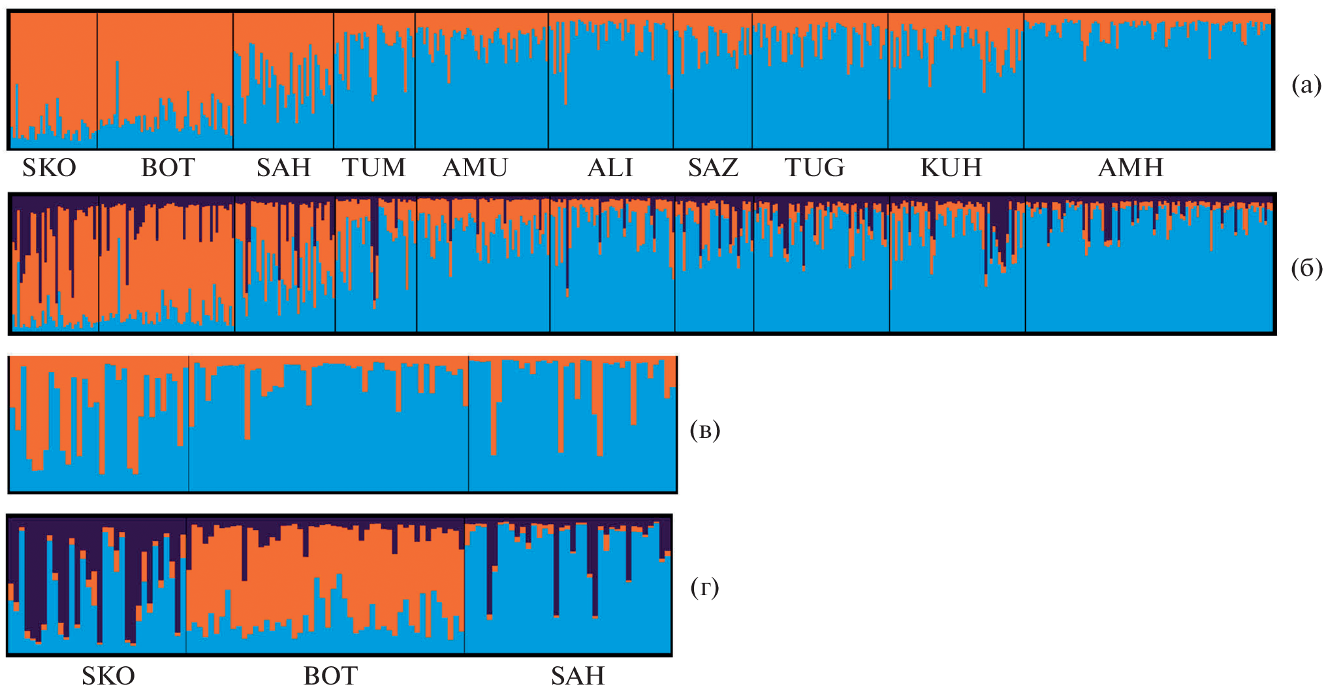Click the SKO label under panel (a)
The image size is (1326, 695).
(50, 168)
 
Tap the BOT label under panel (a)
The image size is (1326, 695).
(168, 168)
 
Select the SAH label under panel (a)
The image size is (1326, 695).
(283, 168)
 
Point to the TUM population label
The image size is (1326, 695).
(374, 168)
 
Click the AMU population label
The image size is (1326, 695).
(475, 168)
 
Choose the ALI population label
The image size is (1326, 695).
(610, 168)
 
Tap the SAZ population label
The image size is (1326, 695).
(713, 168)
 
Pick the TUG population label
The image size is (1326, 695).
(815, 168)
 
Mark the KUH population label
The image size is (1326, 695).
(951, 168)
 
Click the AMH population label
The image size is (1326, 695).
(1131, 168)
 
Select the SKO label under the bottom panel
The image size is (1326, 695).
(108, 676)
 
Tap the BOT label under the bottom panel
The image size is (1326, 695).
(330, 676)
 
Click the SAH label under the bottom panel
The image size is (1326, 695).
(578, 676)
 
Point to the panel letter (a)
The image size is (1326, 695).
(1306, 85)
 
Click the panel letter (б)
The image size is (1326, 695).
(1306, 268)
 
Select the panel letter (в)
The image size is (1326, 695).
(705, 431)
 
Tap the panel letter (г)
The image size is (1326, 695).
(704, 588)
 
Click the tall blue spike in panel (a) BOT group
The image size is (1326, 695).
(118, 91)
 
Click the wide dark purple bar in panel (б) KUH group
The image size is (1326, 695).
(1000, 228)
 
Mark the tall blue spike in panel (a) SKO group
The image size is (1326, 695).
(16, 111)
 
